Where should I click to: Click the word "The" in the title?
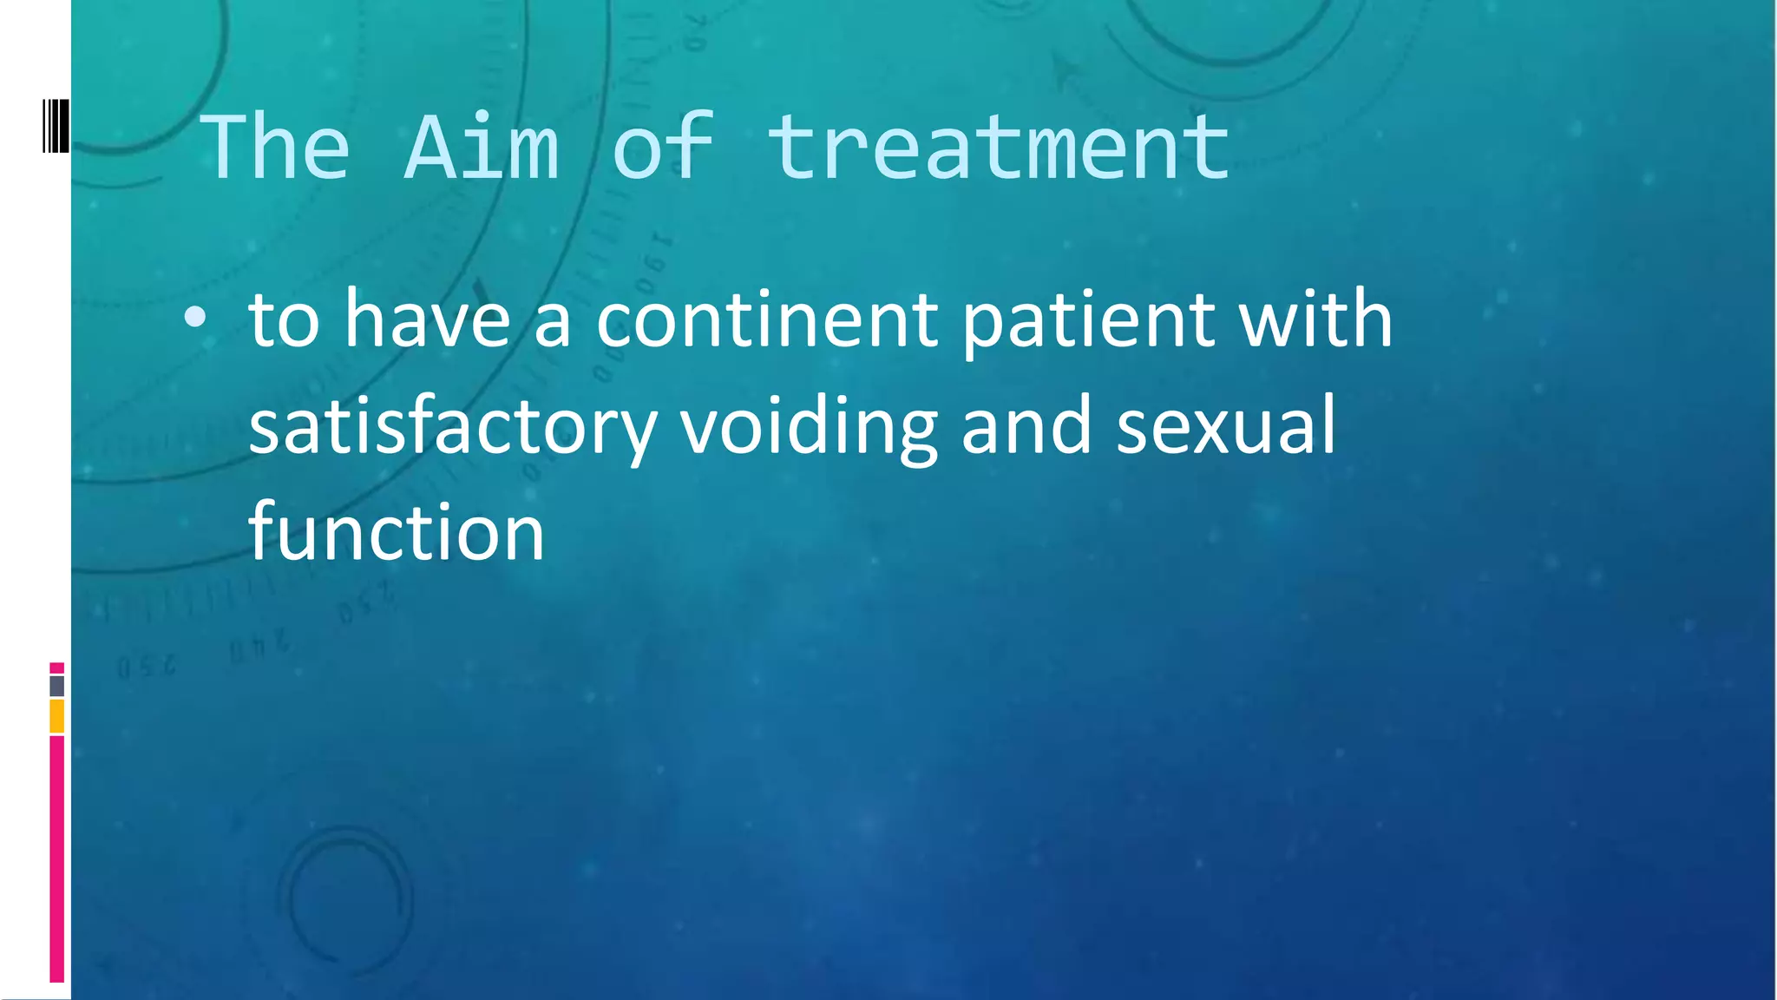coord(276,148)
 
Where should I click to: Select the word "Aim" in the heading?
coord(482,148)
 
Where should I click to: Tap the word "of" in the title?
coord(664,148)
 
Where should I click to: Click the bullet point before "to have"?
coord(195,319)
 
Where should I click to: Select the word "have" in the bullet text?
coord(427,319)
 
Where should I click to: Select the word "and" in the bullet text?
coord(1026,425)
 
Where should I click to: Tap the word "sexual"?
coord(1225,425)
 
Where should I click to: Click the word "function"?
coord(397,531)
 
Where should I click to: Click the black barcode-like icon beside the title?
coord(56,127)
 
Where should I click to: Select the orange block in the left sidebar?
coord(57,717)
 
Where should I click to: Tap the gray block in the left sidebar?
coord(57,686)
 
